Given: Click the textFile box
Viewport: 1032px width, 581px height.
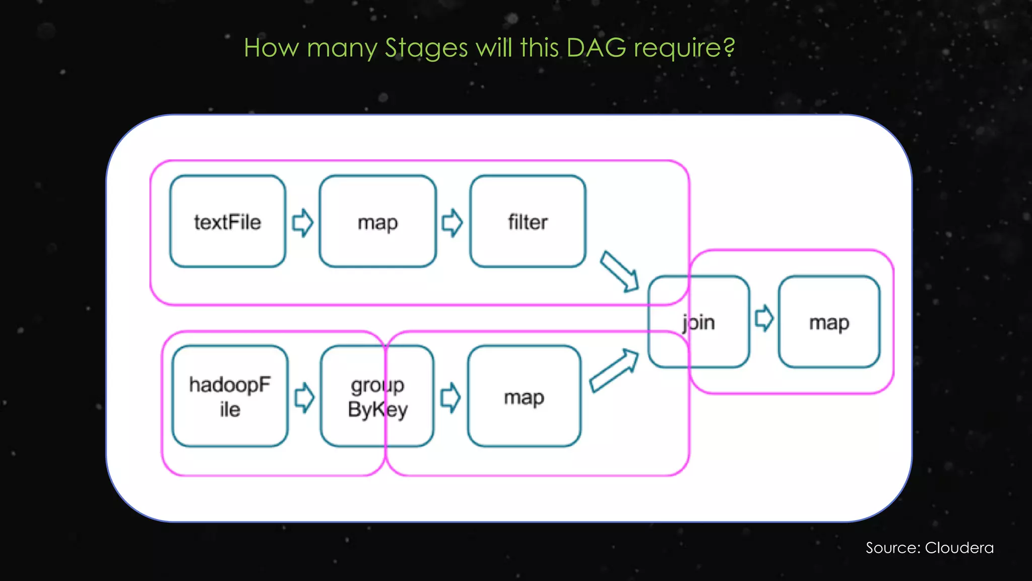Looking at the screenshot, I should [x=228, y=221].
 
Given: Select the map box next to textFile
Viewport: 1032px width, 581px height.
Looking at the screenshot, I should [x=377, y=221].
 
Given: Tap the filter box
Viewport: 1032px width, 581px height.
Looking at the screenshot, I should [x=528, y=221].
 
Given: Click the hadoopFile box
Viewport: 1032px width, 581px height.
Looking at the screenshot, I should [x=230, y=396].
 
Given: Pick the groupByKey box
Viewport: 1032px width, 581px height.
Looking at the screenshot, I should [x=377, y=396].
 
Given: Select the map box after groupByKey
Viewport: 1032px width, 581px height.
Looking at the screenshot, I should [x=524, y=396].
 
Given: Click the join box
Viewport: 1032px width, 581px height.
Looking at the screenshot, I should [x=699, y=322].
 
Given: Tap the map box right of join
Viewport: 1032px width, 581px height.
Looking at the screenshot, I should [x=829, y=322].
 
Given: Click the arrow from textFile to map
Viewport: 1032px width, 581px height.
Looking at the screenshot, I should [x=303, y=222].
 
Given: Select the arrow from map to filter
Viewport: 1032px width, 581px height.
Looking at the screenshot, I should [x=452, y=222].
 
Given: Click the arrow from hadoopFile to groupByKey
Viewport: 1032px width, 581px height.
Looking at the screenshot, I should [x=304, y=397].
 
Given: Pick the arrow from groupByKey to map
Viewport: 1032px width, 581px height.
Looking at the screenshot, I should [x=450, y=397].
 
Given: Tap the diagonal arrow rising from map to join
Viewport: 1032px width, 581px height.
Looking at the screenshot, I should [x=614, y=371].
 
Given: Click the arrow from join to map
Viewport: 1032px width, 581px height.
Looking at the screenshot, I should [x=764, y=318].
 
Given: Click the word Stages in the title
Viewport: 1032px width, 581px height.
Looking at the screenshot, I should [x=426, y=48].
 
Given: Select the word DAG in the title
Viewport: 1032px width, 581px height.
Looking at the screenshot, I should [x=596, y=47].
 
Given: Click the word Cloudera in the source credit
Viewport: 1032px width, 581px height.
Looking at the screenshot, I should [x=959, y=548].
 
